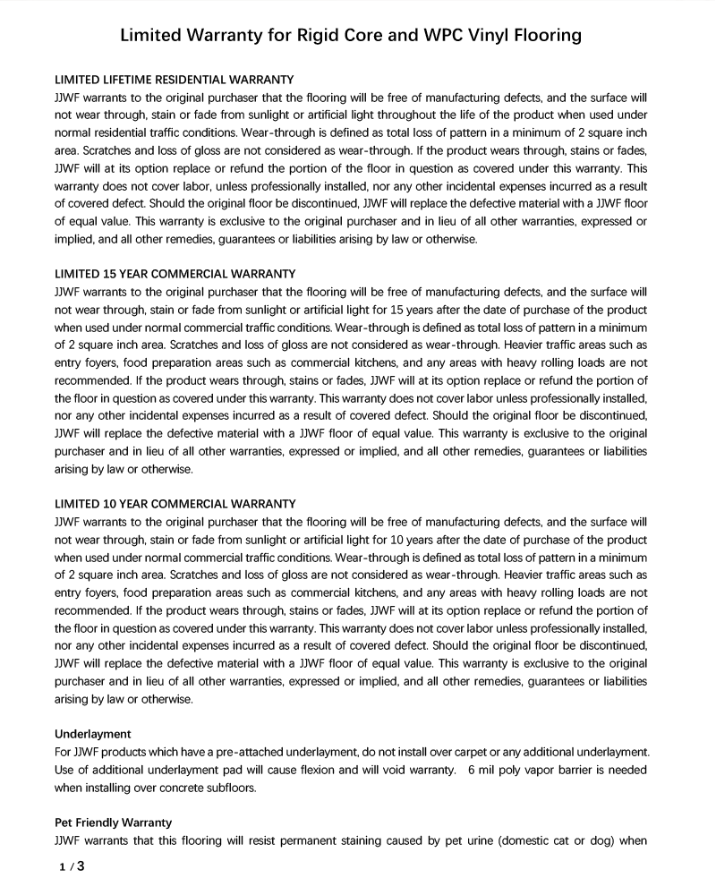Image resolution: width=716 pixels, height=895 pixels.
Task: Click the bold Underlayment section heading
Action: [93, 733]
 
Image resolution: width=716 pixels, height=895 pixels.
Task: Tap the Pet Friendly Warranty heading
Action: [114, 822]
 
